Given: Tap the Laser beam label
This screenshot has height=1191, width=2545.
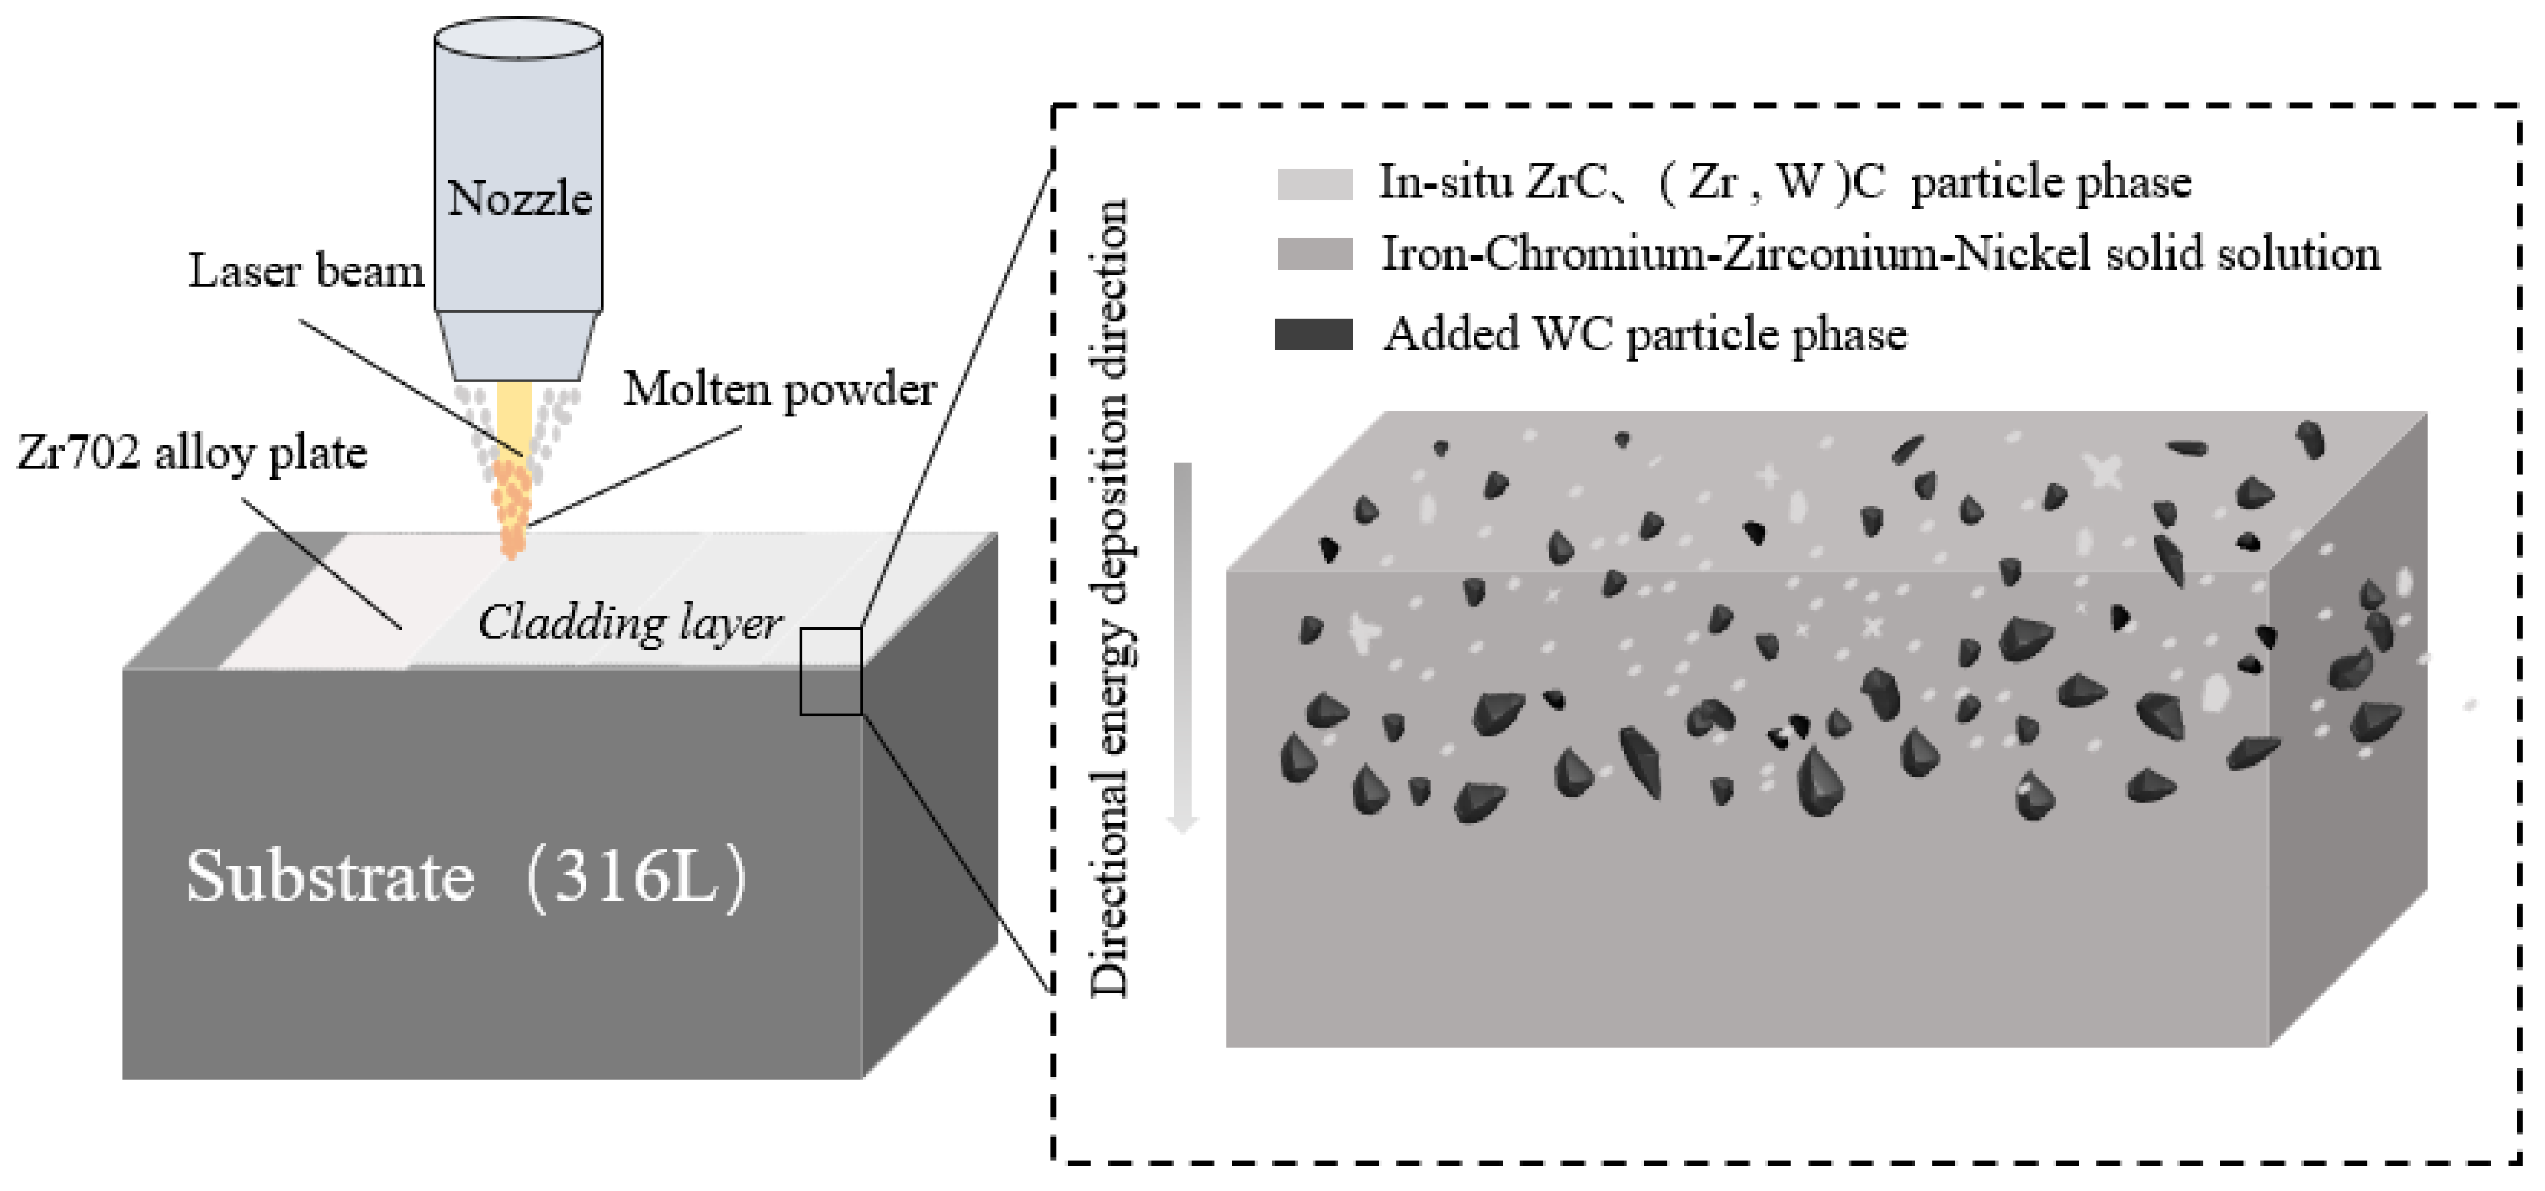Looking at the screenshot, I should tap(306, 270).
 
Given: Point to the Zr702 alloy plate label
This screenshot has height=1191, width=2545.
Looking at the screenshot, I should tap(193, 453).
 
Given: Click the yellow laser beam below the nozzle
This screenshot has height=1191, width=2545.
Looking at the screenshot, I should tap(514, 414).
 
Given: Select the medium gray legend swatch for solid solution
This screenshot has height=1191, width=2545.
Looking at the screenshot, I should tap(1314, 254).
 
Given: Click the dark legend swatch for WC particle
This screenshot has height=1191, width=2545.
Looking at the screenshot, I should tap(1314, 334).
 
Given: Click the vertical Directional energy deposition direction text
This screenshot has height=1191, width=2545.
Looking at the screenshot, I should tap(1110, 597).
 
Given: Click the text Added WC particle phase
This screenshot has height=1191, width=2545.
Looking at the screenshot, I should tap(1645, 334).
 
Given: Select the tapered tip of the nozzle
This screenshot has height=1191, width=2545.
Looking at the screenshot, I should tap(518, 346).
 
